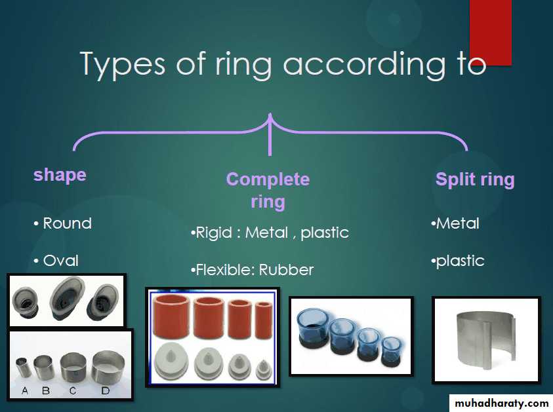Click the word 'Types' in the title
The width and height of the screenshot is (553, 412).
pos(123,64)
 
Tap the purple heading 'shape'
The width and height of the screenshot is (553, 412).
pos(60,176)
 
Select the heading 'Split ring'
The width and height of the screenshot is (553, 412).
pos(475,179)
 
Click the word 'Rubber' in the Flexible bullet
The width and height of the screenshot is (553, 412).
pos(286,270)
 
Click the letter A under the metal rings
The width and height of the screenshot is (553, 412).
pos(25,390)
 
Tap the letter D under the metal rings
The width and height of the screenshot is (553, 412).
pos(106,390)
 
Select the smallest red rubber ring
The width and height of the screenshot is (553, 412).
pos(264,320)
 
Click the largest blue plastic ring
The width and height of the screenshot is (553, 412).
pos(312,327)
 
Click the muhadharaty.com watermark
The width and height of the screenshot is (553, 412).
pos(501,403)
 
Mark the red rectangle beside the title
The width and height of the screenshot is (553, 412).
pos(490,32)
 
